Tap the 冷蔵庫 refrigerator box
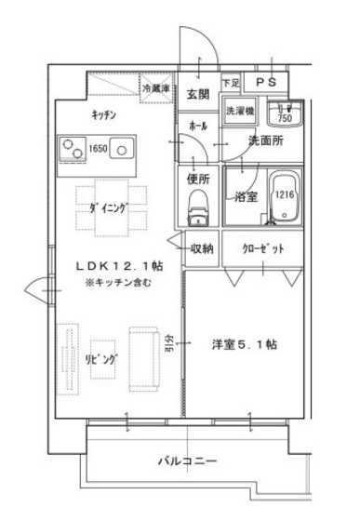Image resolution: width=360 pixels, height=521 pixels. click(156, 89)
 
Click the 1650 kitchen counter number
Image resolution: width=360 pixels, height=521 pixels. click(98, 147)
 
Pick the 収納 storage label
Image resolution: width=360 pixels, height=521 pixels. click(203, 248)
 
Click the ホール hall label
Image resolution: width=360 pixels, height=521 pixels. click(197, 124)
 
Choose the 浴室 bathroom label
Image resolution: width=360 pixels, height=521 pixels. click(247, 196)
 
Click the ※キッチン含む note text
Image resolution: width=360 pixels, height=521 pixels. click(115, 280)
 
